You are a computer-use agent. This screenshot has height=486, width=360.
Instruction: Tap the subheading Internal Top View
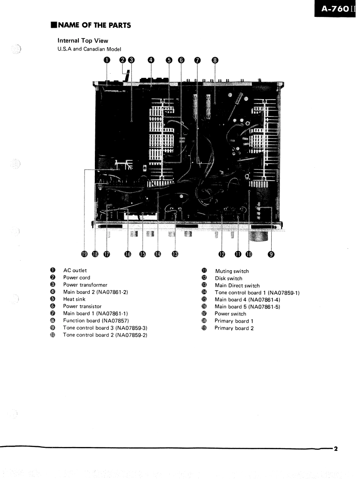[83, 41]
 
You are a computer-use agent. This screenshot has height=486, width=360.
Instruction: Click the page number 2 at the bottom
[335, 448]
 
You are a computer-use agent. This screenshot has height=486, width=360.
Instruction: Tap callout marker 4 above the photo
[151, 60]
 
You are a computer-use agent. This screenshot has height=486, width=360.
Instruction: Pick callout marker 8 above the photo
[214, 60]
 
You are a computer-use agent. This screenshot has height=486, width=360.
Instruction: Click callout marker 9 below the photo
[271, 254]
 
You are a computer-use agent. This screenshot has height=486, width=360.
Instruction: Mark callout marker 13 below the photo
[175, 254]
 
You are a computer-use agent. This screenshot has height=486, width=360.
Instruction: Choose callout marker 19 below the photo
[85, 254]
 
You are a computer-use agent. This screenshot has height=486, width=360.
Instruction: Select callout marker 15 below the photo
[143, 254]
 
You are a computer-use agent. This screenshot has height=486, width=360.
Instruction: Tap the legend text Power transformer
[85, 285]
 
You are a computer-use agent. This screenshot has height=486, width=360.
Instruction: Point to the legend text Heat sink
[74, 299]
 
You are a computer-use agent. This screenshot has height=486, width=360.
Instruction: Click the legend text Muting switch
[232, 271]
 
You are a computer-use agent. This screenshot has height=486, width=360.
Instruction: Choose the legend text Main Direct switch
[237, 285]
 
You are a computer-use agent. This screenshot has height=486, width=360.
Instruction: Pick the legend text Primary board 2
[234, 328]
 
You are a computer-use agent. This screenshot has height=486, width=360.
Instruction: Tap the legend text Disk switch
[228, 279]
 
